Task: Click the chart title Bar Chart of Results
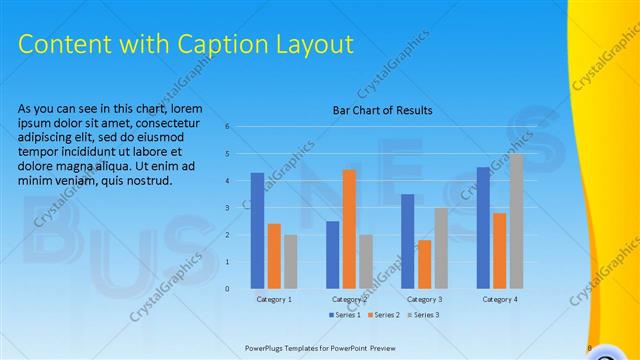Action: tap(382, 111)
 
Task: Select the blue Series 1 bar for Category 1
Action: tap(257, 231)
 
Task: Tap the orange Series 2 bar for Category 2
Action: tap(349, 229)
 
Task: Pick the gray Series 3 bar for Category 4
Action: tap(516, 221)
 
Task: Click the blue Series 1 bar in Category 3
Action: tap(407, 241)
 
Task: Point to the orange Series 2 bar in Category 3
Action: tap(424, 264)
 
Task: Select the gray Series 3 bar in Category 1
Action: tap(290, 261)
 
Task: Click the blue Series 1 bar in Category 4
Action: tap(483, 228)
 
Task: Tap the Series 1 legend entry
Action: tap(346, 315)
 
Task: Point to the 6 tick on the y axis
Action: tap(228, 127)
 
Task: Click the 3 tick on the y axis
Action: tap(228, 208)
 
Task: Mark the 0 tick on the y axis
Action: tap(228, 289)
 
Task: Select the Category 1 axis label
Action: tap(274, 299)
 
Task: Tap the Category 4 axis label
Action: tap(499, 299)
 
